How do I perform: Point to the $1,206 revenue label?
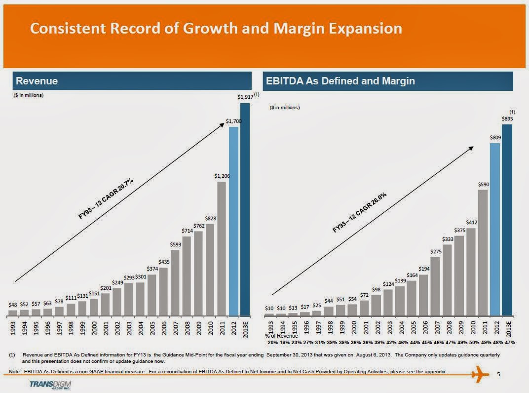(x=222, y=176)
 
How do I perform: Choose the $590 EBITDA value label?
(x=483, y=184)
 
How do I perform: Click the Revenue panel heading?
(x=37, y=81)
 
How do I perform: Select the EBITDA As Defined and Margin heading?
(x=340, y=81)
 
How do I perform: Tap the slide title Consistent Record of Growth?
(x=216, y=29)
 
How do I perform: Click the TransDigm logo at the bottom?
(x=49, y=384)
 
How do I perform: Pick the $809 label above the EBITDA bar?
(x=495, y=138)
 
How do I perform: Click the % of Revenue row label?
(x=281, y=336)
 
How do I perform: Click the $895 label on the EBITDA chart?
(x=507, y=119)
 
